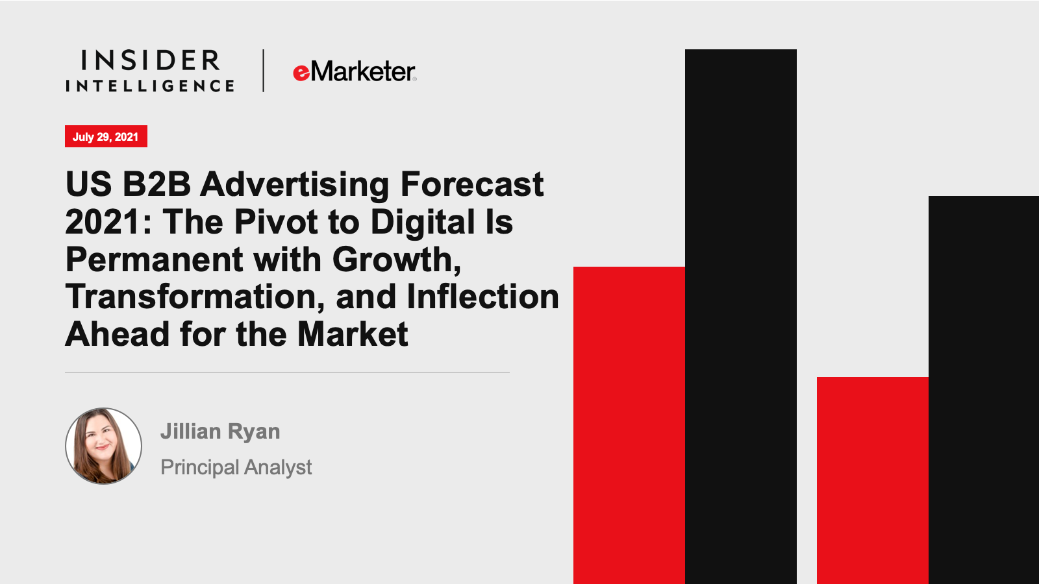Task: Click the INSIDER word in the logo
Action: coord(150,60)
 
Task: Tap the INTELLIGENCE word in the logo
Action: coord(150,86)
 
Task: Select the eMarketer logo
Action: coord(355,71)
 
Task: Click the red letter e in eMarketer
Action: coord(301,73)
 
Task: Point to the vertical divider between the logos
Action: coord(264,71)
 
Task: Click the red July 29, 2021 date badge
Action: coord(106,136)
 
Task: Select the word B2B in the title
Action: coord(156,184)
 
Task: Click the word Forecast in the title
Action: coord(471,184)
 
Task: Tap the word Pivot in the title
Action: coord(275,221)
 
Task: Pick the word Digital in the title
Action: coord(423,221)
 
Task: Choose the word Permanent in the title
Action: coord(155,259)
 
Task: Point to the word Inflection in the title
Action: coord(483,297)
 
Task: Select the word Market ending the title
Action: coord(353,334)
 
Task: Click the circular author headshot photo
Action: coord(103,446)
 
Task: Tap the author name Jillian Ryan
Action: coord(220,432)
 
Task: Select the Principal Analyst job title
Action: coord(236,467)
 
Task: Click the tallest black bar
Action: coord(741,317)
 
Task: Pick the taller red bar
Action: coord(629,426)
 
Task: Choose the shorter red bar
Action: coord(873,481)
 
